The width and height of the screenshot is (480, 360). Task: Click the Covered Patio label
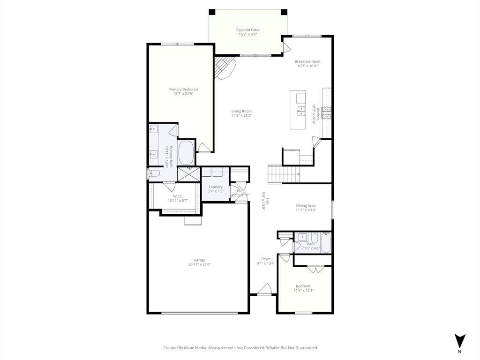247,30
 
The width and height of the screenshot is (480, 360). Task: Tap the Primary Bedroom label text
183,89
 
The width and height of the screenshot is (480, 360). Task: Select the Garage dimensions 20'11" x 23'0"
200,264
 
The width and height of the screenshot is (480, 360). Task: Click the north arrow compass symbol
460,341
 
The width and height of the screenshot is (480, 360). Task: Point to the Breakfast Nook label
307,61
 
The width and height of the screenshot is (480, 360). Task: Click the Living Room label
241,111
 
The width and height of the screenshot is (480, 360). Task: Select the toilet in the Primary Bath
155,174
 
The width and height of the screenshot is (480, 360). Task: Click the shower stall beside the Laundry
189,174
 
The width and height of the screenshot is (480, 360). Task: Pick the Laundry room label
216,187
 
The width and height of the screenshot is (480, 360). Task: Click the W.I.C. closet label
178,196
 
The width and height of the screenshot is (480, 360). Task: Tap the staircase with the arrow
283,174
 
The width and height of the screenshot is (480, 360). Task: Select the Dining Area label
306,205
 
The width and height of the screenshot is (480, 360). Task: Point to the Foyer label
266,259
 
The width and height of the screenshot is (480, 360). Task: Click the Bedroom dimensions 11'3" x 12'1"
303,291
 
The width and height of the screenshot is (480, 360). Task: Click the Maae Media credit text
240,348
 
